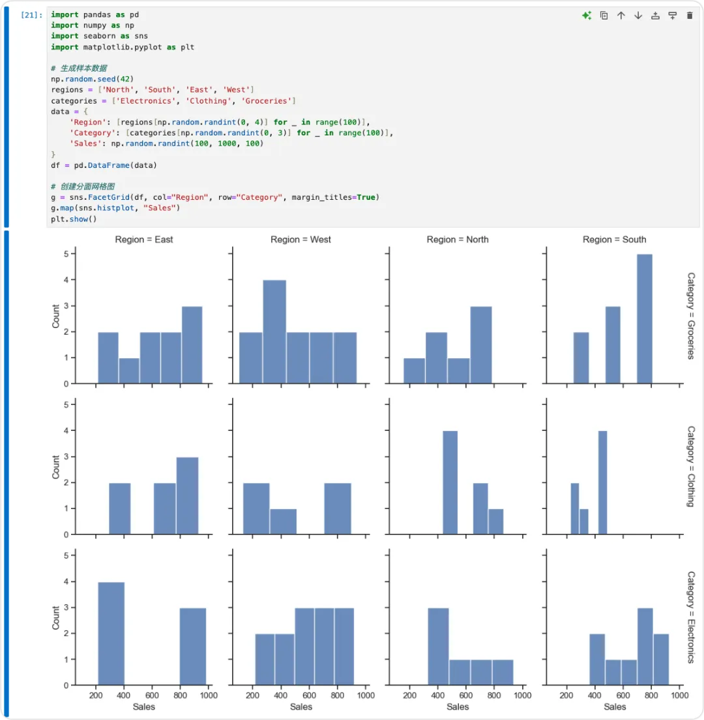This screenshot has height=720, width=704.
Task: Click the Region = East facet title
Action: point(144,239)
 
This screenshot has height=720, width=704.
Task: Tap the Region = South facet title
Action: point(614,239)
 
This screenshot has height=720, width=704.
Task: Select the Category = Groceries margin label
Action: point(691,316)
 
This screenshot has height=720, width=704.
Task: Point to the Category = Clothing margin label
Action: point(691,466)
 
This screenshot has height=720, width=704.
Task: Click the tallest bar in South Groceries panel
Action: point(644,319)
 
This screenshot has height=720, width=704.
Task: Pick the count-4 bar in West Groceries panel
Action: point(274,331)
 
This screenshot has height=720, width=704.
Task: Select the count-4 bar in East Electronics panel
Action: point(111,633)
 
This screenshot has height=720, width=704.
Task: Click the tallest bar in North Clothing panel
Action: point(450,482)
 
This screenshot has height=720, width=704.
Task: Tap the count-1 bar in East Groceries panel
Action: point(129,370)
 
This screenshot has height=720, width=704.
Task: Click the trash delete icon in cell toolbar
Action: point(689,16)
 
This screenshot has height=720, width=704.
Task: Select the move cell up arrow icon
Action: point(621,16)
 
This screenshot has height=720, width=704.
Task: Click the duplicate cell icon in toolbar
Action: point(604,16)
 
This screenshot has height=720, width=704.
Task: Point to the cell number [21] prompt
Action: point(31,15)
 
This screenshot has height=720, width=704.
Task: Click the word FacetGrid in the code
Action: point(108,197)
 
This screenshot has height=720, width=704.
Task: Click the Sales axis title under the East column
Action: point(144,707)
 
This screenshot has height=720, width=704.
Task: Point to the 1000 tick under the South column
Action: point(680,695)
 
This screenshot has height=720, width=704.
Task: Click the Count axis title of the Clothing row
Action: point(55,467)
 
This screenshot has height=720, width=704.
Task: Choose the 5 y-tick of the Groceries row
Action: point(66,254)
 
